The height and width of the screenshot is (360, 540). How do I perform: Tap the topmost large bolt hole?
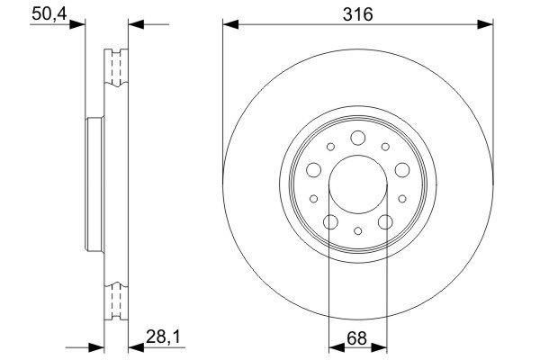tap(357, 138)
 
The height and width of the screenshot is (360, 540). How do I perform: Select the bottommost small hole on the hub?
tap(357, 231)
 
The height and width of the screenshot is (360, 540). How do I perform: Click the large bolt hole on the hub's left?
tap(313, 169)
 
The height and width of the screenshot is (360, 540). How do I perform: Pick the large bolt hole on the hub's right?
tap(401, 169)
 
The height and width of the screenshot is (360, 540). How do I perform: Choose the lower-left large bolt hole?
tap(329, 221)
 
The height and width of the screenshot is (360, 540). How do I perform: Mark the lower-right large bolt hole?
tap(385, 221)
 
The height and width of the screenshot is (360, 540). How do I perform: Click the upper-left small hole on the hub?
tap(330, 147)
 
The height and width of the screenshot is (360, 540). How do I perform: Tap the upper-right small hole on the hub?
tap(384, 147)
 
